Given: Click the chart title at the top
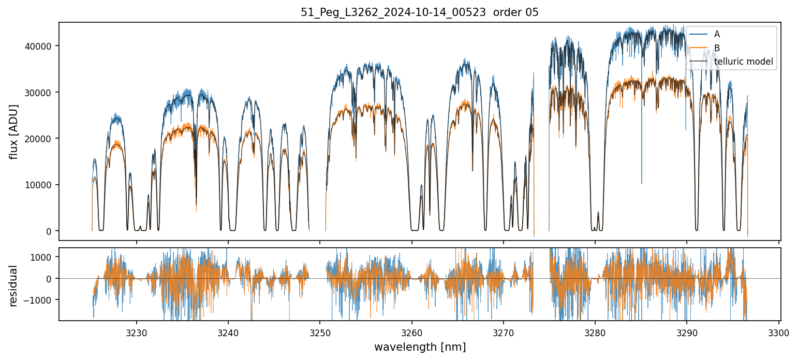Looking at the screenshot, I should coord(420,12).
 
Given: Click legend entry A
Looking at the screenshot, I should coord(717,34).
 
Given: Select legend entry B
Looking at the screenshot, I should coord(717,48).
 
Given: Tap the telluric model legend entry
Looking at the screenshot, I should coord(743,62).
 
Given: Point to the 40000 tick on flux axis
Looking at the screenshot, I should coord(40,46).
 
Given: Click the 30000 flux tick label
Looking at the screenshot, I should coord(40,92).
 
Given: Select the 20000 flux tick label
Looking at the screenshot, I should coord(40,139).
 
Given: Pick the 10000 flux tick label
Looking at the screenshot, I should coord(40,185).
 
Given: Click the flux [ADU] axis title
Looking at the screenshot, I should coord(13,131).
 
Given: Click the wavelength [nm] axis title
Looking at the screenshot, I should coord(420,347).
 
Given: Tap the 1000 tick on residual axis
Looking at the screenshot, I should coord(43,257).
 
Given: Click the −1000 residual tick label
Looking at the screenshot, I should coord(41,300).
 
